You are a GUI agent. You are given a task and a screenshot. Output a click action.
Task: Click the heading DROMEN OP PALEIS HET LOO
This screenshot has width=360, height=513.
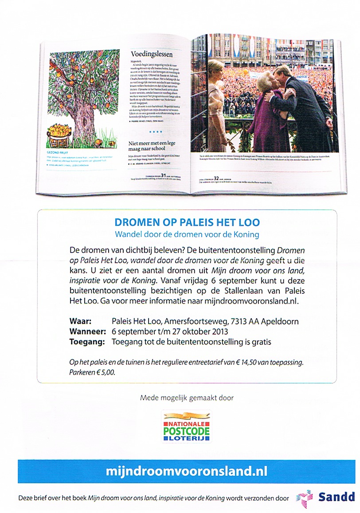[x=187, y=222]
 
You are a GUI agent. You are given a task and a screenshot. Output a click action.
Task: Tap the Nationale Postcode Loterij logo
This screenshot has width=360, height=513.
[x=187, y=426]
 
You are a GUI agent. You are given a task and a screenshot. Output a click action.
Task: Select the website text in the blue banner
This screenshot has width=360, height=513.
[x=187, y=470]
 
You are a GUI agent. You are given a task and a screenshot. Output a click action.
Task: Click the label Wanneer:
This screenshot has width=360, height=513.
[x=88, y=331]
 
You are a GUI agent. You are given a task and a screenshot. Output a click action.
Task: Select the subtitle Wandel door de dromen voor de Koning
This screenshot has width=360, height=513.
[x=187, y=234]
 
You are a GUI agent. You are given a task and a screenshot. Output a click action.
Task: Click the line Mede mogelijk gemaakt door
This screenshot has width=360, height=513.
[x=187, y=398]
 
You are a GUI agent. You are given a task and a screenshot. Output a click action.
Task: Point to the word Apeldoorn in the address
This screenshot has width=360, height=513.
[x=282, y=321]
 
